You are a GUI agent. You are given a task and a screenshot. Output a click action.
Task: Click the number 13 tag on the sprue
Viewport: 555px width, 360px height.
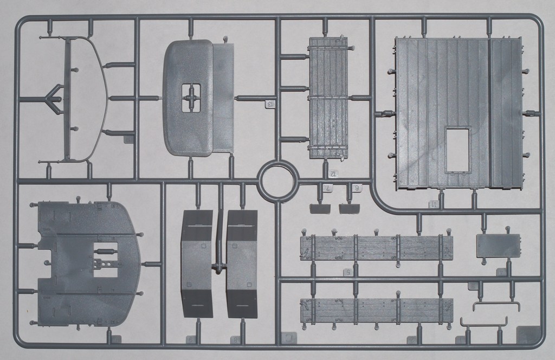tap(271, 104)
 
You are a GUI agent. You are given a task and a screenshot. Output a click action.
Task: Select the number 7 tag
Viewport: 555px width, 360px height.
tap(329, 188)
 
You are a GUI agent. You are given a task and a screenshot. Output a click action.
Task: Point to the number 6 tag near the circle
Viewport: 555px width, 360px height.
tap(357, 188)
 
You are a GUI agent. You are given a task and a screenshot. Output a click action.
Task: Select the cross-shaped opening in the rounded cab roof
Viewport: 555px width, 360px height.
tap(191, 98)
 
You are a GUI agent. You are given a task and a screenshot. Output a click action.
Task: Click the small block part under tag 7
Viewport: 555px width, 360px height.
tap(319, 208)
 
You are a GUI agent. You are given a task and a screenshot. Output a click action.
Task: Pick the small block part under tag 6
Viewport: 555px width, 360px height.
tap(349, 208)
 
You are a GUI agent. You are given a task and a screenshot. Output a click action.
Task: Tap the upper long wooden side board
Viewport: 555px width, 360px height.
tap(376, 248)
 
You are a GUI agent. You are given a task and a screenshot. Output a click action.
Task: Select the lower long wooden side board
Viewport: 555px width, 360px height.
tap(376, 310)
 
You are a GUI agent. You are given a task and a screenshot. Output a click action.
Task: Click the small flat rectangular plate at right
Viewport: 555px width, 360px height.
tap(498, 246)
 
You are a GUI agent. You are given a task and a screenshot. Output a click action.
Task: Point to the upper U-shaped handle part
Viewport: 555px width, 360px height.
tap(496, 306)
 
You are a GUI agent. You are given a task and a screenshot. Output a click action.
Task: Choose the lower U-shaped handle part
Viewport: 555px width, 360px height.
tap(484, 322)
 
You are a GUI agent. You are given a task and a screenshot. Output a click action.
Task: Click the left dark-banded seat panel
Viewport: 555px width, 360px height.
tap(197, 264)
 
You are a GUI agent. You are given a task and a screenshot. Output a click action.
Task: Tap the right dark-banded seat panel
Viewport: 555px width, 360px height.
tap(242, 264)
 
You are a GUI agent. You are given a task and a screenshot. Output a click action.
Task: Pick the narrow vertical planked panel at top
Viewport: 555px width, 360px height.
tap(328, 98)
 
